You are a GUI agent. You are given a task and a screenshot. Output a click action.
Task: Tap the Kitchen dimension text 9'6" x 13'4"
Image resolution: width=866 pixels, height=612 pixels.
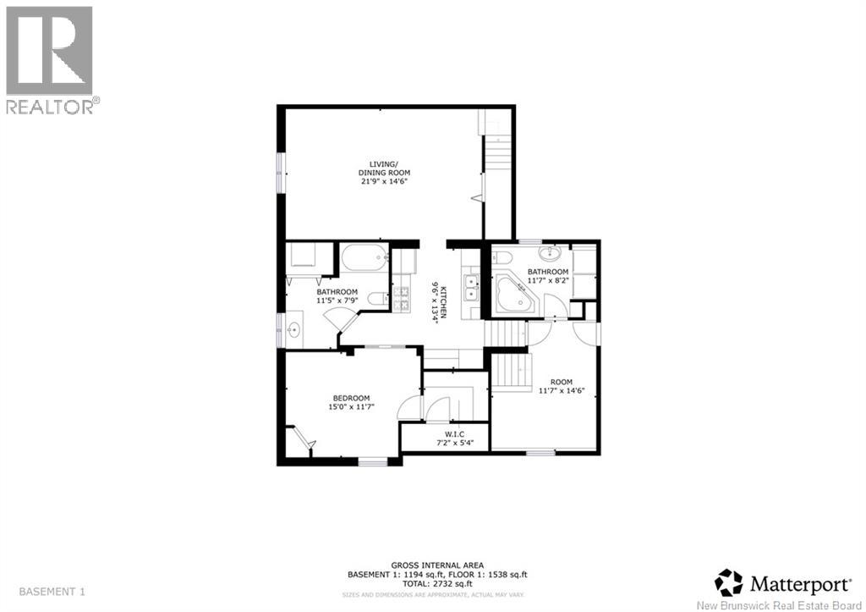pos(435,300)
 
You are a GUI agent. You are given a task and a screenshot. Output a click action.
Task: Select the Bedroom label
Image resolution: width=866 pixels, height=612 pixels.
pos(350,403)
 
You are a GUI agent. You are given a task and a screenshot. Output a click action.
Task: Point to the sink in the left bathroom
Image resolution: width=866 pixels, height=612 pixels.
pos(295,329)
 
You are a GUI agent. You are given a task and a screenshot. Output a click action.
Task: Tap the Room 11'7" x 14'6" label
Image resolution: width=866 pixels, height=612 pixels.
pos(562,386)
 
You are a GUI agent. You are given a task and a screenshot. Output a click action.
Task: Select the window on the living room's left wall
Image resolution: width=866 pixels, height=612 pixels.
pos(280,173)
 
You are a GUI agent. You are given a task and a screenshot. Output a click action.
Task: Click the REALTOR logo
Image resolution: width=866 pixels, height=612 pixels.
pos(50,59)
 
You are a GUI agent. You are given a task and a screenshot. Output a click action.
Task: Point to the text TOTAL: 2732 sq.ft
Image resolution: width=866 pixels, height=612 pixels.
pos(436,584)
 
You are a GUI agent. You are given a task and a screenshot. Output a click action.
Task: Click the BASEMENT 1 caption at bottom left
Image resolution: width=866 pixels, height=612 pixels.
pos(51,591)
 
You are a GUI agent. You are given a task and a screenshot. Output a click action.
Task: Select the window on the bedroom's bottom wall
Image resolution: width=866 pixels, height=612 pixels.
pos(371,461)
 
